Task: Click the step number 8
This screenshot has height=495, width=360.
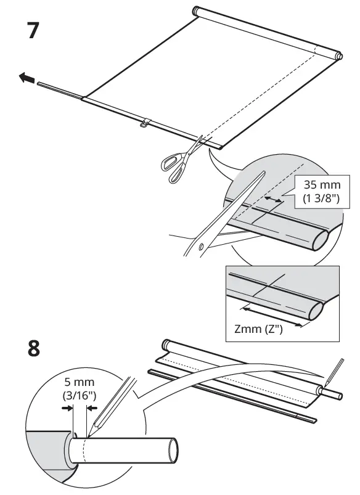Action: coord(35,348)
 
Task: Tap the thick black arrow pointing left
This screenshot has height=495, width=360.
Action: coord(26,78)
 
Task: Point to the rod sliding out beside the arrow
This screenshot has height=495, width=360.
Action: coord(59,89)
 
